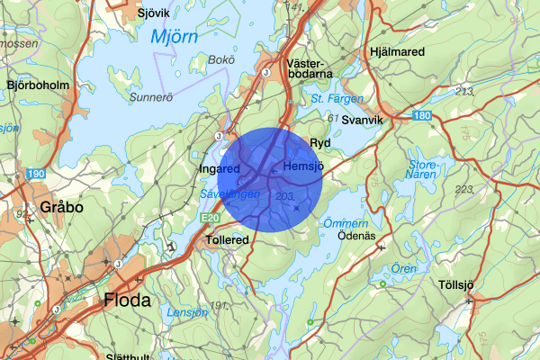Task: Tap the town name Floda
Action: (127, 300)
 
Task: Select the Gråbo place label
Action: (61, 207)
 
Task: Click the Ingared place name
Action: (219, 168)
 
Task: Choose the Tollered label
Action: (227, 241)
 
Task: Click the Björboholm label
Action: (38, 85)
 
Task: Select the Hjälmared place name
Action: (397, 52)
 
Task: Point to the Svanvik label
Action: (363, 120)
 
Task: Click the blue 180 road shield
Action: (424, 116)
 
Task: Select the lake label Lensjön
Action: (187, 312)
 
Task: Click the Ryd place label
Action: (320, 143)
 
